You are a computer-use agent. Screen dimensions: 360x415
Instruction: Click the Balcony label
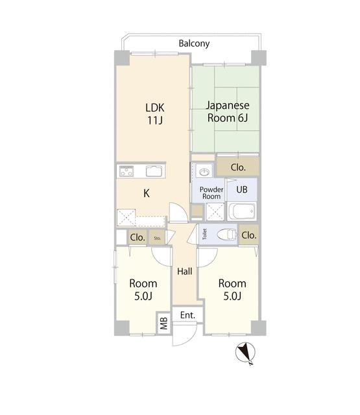194,43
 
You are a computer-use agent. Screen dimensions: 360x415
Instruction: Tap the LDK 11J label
155,114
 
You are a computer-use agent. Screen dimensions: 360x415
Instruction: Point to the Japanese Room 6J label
228,112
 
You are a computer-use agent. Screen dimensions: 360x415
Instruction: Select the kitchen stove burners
126,171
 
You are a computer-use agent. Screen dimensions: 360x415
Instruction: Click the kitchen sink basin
154,171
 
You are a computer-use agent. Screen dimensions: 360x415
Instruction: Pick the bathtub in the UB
242,211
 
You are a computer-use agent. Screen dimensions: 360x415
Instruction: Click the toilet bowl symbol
226,234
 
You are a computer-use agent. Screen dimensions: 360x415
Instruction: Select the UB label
242,189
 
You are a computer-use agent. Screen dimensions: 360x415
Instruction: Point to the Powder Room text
211,193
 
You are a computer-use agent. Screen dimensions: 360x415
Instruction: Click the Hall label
185,271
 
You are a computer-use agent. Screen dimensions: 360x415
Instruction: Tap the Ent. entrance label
187,315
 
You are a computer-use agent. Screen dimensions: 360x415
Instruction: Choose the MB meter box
164,323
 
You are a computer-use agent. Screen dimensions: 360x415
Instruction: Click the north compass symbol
245,353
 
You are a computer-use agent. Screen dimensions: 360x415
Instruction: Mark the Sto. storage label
157,238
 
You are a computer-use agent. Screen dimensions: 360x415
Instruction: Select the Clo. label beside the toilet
249,235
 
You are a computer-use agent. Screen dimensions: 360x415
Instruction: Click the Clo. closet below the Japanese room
238,167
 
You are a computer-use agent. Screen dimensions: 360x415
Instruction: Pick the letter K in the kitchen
147,193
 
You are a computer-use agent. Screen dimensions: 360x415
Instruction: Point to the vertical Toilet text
204,234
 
